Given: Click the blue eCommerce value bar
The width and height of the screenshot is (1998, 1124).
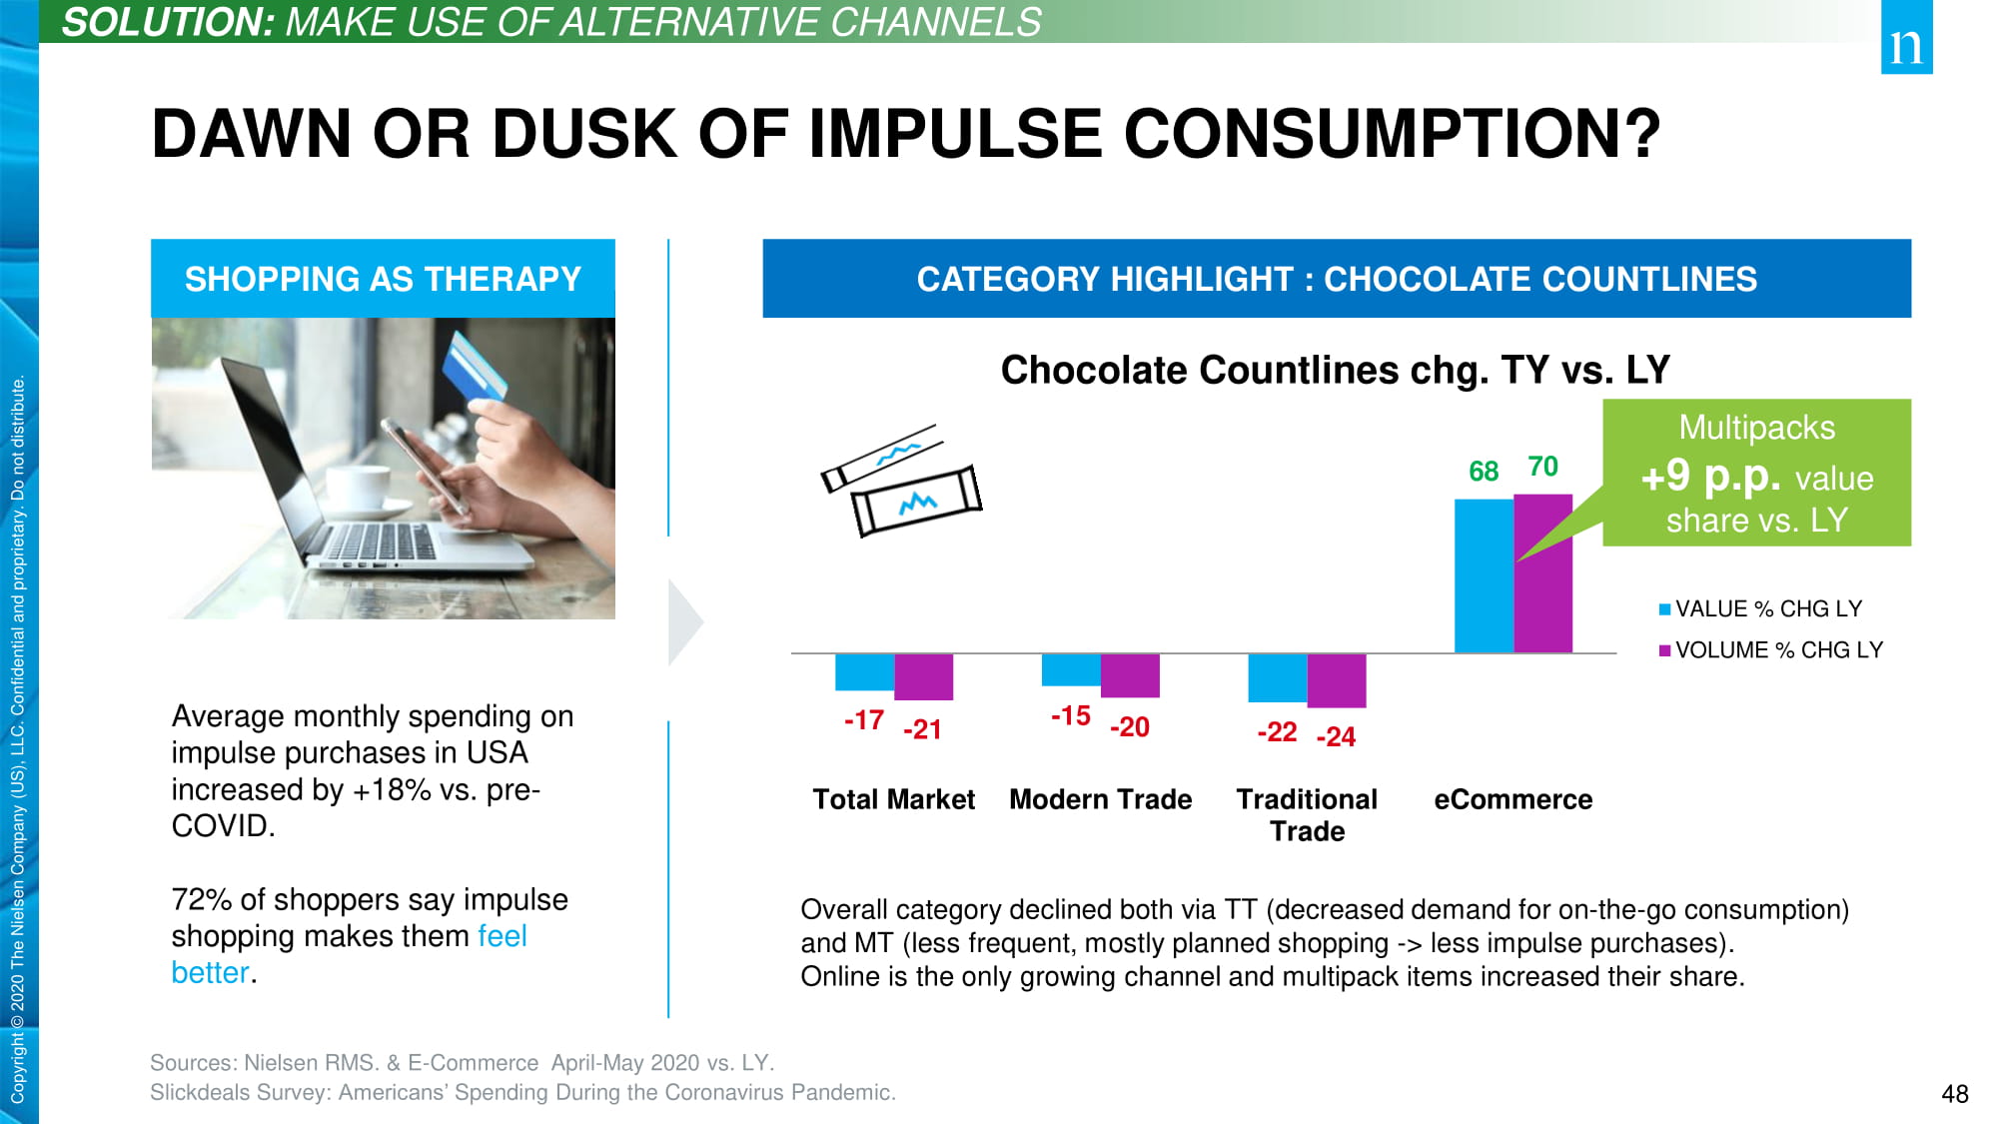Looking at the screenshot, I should click(1484, 576).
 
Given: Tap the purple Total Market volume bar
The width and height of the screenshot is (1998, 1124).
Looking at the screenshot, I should click(923, 676).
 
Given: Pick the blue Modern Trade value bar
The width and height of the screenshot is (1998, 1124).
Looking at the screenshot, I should click(1071, 670).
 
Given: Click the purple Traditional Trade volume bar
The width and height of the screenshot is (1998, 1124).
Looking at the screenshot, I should click(1337, 680).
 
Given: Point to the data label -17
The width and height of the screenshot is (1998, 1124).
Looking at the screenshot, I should click(864, 720).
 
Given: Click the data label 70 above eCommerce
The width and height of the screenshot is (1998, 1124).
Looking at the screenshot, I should click(1543, 467).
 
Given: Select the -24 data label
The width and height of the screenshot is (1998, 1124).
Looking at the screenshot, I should click(1336, 737).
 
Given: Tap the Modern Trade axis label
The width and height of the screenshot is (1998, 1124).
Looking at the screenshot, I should click(1100, 799).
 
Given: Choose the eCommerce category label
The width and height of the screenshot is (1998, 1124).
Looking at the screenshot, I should click(1512, 799).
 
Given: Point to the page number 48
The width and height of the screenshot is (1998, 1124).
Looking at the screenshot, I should click(1954, 1094).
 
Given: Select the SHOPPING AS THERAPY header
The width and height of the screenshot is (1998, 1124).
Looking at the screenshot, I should click(383, 279).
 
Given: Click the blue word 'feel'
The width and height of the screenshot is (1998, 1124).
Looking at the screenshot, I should click(501, 936).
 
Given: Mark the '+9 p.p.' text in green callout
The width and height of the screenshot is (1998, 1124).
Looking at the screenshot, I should click(1710, 477).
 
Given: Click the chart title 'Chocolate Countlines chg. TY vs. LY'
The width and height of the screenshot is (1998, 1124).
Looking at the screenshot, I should click(1335, 371).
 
